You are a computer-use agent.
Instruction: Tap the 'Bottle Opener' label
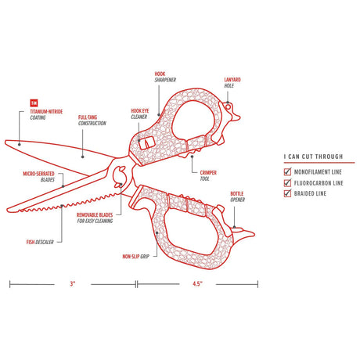coord(238,196)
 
